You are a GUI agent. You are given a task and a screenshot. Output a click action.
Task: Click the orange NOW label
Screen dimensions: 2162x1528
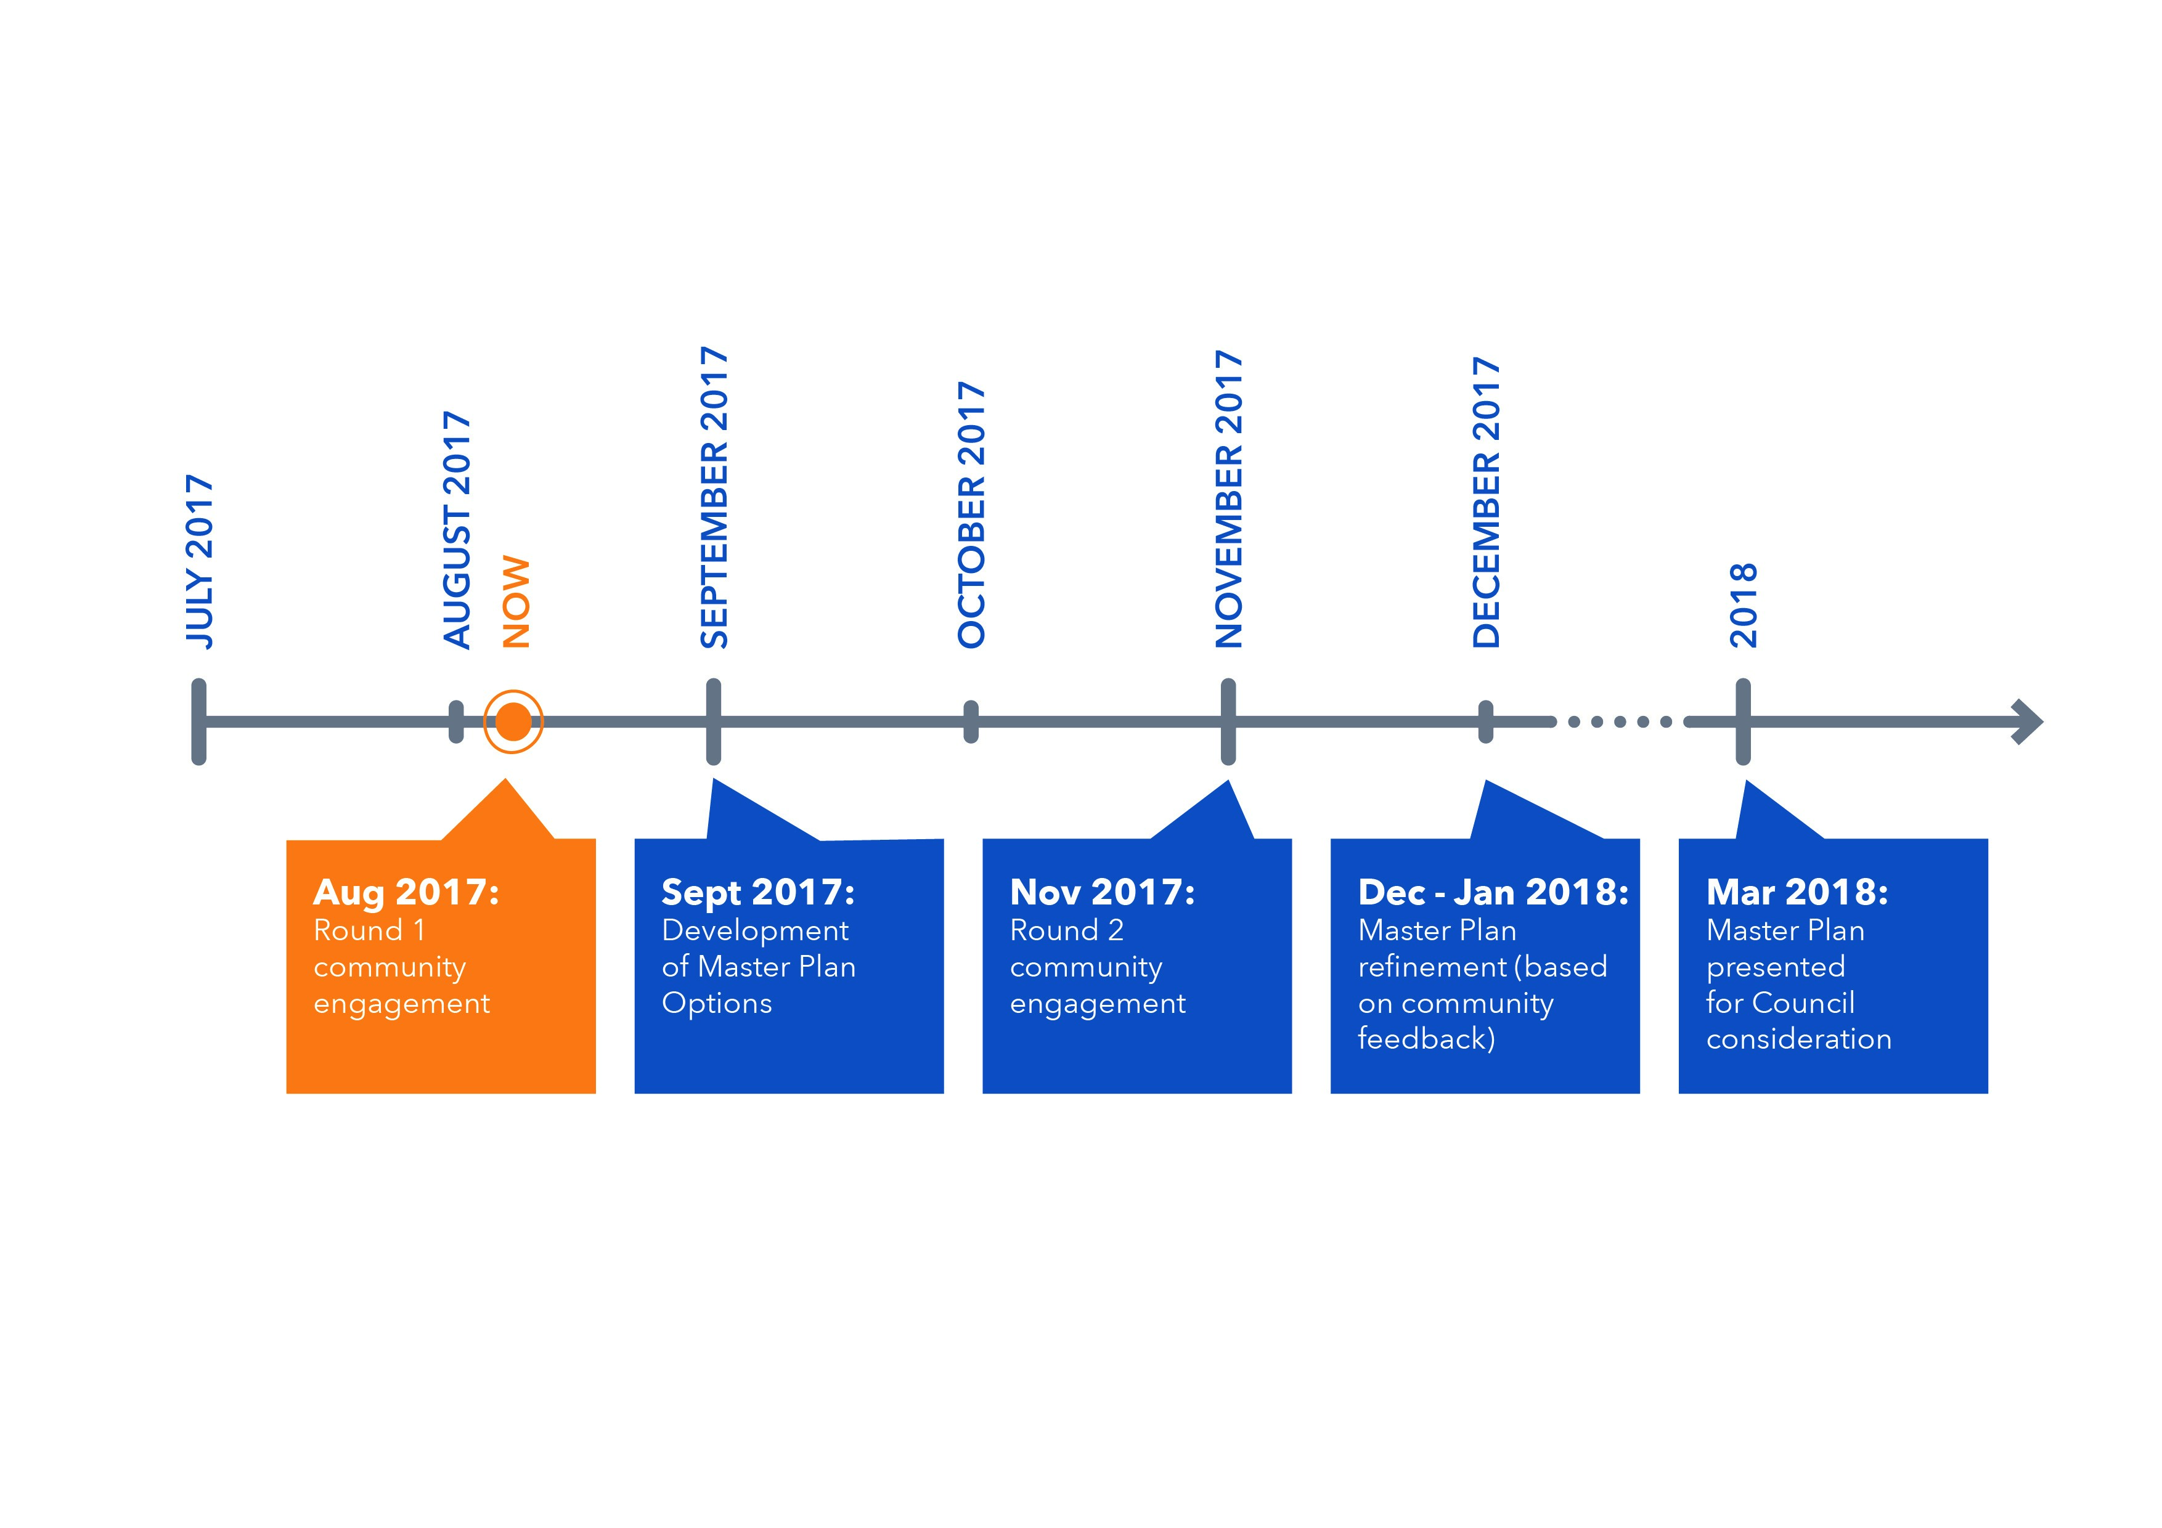pos(516,603)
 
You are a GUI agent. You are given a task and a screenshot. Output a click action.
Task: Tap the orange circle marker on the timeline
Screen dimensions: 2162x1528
pos(513,722)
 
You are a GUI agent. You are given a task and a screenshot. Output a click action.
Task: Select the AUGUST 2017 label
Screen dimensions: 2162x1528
pos(457,530)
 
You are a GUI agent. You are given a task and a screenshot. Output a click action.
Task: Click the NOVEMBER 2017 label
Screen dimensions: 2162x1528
pos(1229,500)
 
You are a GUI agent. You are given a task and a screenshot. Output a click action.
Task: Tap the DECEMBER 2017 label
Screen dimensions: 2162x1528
pos(1486,503)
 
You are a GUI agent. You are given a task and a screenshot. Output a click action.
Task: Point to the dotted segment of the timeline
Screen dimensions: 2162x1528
pos(1620,722)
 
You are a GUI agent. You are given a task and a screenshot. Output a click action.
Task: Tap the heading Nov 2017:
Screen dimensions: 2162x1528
pos(1103,892)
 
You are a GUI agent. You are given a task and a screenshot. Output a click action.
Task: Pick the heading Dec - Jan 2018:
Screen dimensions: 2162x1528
pos(1493,892)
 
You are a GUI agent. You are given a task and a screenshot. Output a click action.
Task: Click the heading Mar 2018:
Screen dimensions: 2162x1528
pos(1798,892)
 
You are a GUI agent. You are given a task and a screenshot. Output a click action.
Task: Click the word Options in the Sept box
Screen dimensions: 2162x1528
pos(717,1004)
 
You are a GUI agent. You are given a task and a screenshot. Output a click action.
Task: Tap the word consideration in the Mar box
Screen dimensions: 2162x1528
pos(1800,1039)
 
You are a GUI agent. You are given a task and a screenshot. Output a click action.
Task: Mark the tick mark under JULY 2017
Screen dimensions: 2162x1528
pos(198,722)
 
